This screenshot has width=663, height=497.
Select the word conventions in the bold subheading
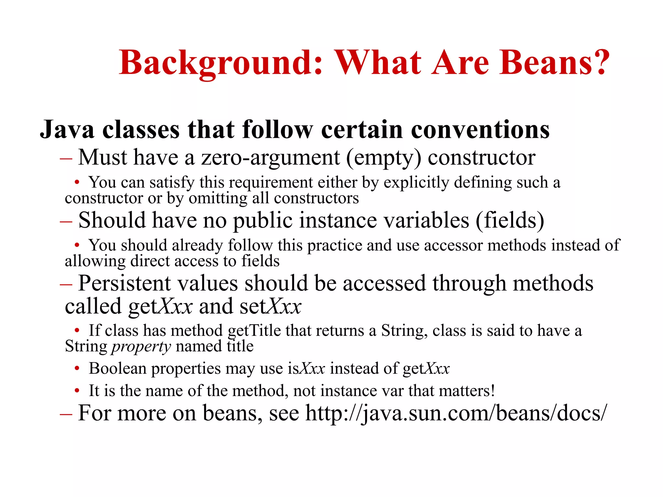[480, 129]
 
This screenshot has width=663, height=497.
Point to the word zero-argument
[270, 158]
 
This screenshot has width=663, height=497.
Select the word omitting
[218, 198]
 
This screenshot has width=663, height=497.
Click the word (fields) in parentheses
[510, 220]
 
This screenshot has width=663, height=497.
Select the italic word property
[141, 347]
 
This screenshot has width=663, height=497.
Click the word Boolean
[118, 368]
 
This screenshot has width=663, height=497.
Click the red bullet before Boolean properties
[77, 368]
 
